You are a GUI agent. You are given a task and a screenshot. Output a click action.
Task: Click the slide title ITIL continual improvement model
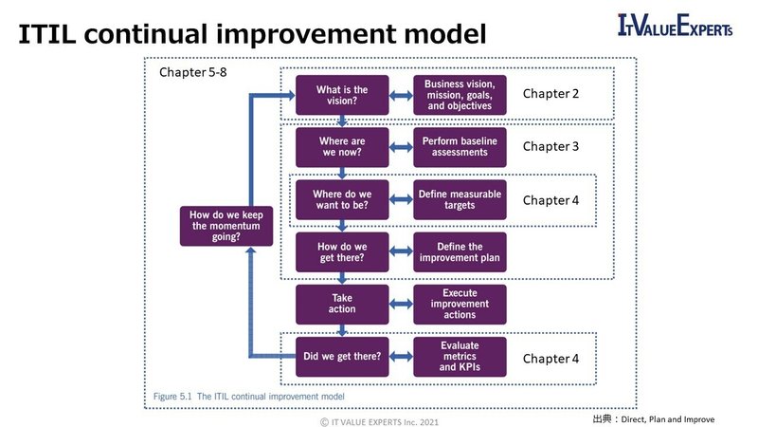click(252, 34)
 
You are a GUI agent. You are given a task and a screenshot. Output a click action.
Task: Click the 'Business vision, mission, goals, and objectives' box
click(460, 95)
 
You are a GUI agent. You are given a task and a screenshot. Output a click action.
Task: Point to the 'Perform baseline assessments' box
click(460, 147)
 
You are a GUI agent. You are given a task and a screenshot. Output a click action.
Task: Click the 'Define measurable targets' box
click(460, 199)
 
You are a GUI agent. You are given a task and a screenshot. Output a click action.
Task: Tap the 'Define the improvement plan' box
click(460, 252)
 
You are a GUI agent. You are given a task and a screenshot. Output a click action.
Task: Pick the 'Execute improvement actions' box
click(460, 304)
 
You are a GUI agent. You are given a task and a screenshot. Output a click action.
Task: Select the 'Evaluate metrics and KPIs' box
click(460, 357)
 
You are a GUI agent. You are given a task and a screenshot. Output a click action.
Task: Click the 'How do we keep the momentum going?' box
click(226, 226)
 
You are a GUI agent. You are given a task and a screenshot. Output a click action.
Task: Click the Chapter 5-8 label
click(192, 73)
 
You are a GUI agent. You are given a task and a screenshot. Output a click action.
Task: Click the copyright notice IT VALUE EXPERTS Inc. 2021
click(378, 418)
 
